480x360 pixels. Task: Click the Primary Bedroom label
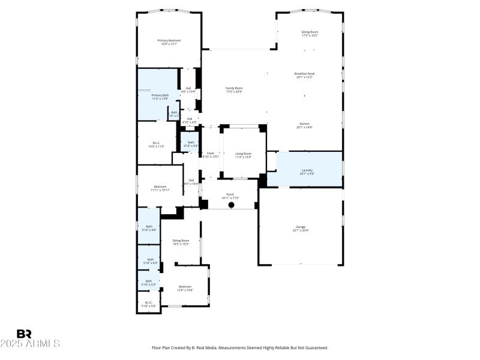click(x=169, y=41)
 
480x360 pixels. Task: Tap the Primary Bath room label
click(x=160, y=95)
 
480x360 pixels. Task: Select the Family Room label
click(x=234, y=88)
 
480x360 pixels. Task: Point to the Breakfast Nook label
click(x=305, y=74)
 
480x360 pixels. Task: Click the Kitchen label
click(x=305, y=124)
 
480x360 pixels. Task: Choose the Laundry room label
click(x=307, y=170)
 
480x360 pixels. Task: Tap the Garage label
click(x=301, y=227)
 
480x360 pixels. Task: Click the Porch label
click(x=230, y=194)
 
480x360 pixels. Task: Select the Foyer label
click(x=211, y=154)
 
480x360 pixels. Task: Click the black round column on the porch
click(x=231, y=205)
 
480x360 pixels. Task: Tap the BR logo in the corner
click(x=24, y=334)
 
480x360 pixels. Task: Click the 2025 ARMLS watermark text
click(x=30, y=344)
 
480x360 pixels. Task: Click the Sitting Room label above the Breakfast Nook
click(x=310, y=32)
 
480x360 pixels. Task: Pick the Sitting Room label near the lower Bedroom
click(x=181, y=241)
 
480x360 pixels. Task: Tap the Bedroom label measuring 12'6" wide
click(x=185, y=287)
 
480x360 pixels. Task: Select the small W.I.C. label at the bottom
click(x=149, y=302)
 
